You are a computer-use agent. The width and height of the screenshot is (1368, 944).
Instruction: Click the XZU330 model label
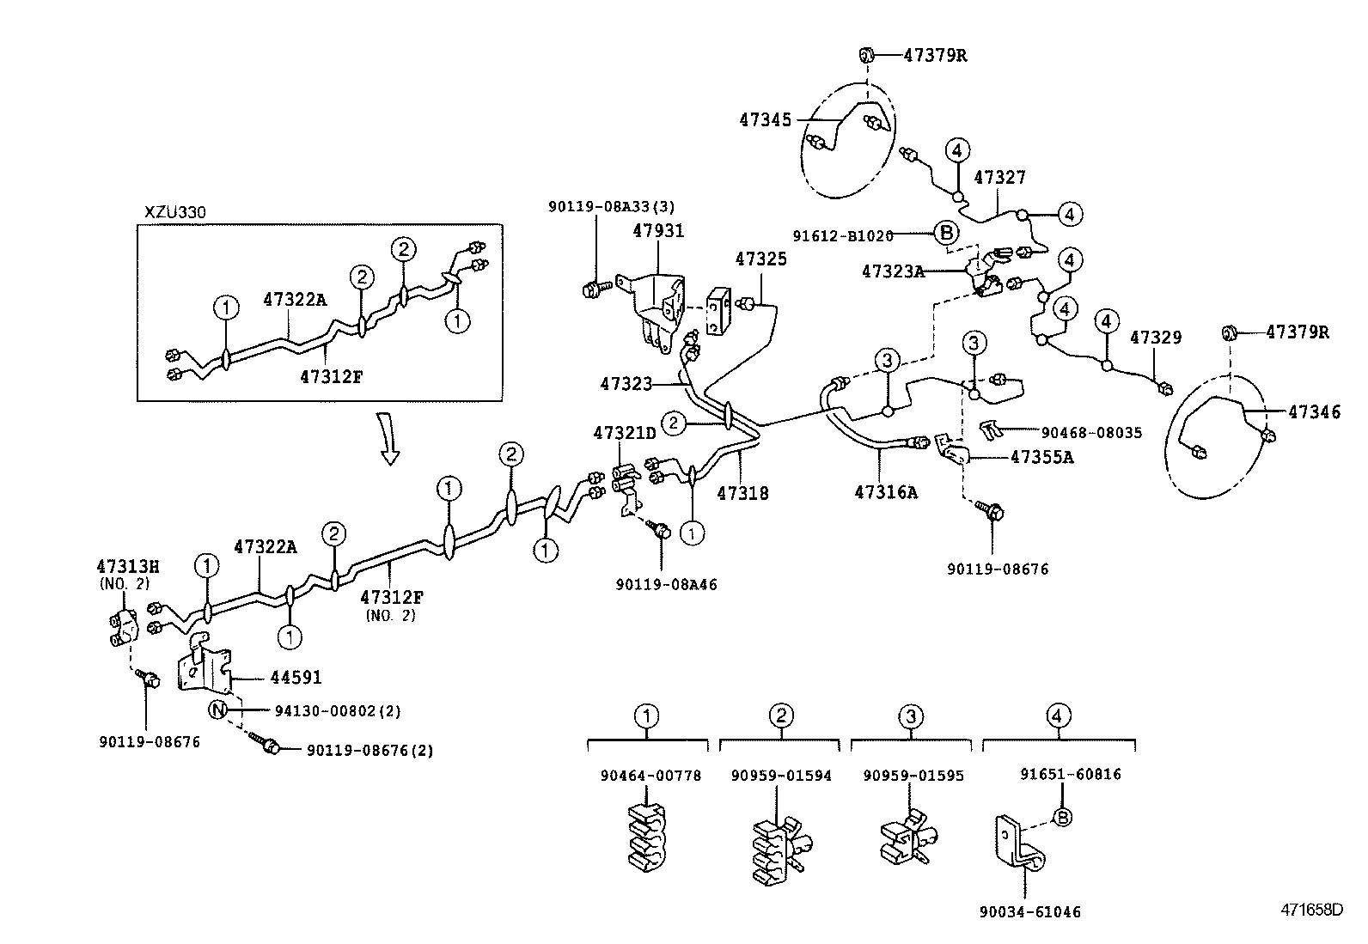175,212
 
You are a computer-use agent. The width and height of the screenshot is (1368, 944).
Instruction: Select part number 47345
765,121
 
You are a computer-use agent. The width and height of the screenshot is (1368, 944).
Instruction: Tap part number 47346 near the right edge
1314,412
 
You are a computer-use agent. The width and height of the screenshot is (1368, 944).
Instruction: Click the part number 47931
658,231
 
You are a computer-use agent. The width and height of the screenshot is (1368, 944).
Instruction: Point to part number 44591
296,678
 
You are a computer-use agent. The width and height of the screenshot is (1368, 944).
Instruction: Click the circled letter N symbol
218,710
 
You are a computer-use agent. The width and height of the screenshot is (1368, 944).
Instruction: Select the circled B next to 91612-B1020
945,233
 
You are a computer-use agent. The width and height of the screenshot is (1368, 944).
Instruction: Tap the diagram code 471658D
1313,910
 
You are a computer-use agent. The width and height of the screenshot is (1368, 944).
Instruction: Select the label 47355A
1041,457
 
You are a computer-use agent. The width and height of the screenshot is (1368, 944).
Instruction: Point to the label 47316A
886,492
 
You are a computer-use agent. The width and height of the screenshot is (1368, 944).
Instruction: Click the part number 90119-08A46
666,584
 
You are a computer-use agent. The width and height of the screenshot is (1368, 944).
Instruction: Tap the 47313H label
128,566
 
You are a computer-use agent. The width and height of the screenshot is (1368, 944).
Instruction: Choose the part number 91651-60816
1071,775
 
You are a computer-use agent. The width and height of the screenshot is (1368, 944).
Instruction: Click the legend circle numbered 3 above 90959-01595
911,716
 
